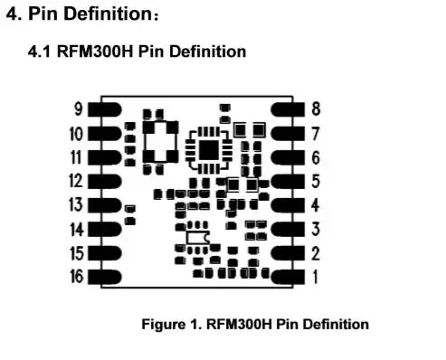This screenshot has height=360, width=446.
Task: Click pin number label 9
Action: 79,109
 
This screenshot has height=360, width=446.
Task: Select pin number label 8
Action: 316,109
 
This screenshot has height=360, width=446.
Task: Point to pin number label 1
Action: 315,277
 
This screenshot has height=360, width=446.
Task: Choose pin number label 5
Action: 316,181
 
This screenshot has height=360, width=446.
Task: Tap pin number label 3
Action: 316,229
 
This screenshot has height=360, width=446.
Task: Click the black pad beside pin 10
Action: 104,134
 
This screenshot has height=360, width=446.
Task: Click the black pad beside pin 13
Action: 104,205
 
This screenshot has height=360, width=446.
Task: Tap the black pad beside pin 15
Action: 104,253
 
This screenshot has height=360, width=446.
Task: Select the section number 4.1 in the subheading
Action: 41,52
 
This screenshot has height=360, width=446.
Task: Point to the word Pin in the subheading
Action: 143,52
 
